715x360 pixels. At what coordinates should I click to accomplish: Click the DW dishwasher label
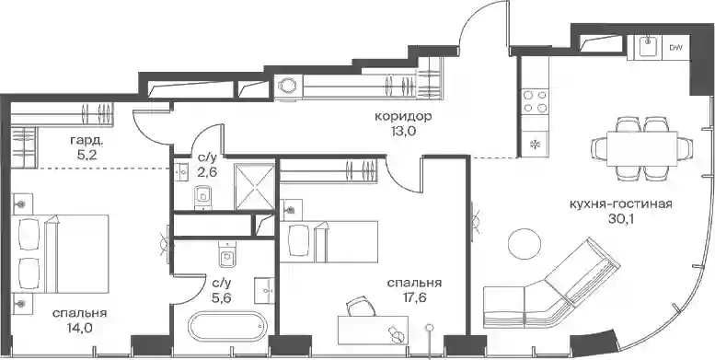(675, 47)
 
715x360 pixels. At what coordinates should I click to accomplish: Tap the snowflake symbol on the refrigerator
(535, 145)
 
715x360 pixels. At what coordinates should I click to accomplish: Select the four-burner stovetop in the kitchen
(535, 101)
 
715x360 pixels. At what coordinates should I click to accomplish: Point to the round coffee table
(525, 243)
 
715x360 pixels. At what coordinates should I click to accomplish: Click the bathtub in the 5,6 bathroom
(227, 326)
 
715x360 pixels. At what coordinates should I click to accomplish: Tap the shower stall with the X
(255, 187)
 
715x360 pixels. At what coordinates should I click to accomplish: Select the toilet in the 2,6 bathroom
(202, 198)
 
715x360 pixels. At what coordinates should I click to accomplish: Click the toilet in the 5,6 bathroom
(226, 256)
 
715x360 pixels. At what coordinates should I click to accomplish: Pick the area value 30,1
(620, 219)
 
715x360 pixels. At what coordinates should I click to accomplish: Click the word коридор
(403, 117)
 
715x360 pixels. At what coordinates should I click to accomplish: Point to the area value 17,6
(414, 298)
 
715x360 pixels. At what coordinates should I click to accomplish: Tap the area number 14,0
(79, 328)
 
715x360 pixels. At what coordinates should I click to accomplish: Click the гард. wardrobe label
(87, 141)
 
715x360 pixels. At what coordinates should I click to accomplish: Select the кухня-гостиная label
(620, 203)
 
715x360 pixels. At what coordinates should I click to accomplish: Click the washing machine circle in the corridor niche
(288, 86)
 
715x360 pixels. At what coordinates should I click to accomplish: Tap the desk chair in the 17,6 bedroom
(360, 307)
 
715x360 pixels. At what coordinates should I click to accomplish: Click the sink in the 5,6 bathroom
(264, 290)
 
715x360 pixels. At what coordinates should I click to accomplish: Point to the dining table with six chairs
(642, 148)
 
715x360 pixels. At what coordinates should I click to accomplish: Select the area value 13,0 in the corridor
(403, 133)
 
